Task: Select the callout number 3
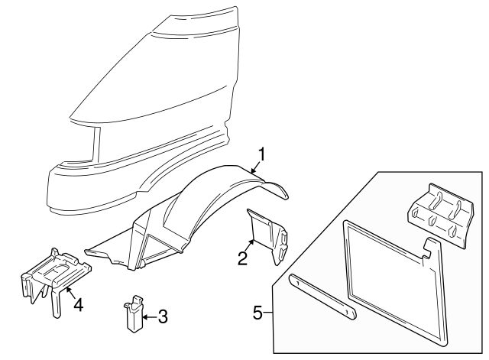(162, 316)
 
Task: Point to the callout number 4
(77, 303)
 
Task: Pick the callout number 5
(259, 312)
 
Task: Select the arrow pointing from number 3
(147, 315)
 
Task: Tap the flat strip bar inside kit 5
(321, 298)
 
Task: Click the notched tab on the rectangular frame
(430, 247)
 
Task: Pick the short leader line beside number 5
(269, 312)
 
